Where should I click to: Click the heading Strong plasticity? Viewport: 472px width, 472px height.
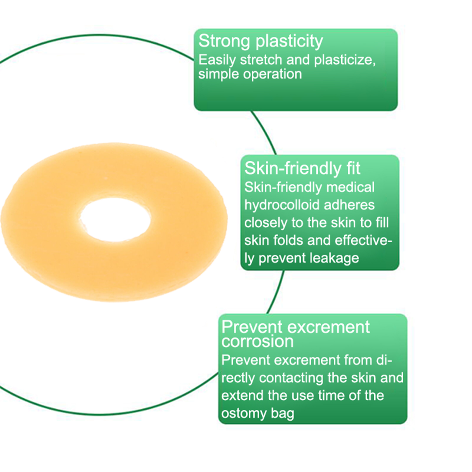pos(260,41)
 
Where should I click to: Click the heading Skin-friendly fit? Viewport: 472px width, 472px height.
pos(302,168)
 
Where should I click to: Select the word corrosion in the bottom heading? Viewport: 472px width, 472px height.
pos(258,341)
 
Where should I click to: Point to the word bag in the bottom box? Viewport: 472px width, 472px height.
pos(283,414)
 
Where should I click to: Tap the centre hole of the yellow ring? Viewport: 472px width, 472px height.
pos(115,219)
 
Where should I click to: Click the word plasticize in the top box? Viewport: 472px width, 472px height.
pos(345,60)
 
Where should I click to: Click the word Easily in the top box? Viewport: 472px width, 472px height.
pos(217,60)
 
